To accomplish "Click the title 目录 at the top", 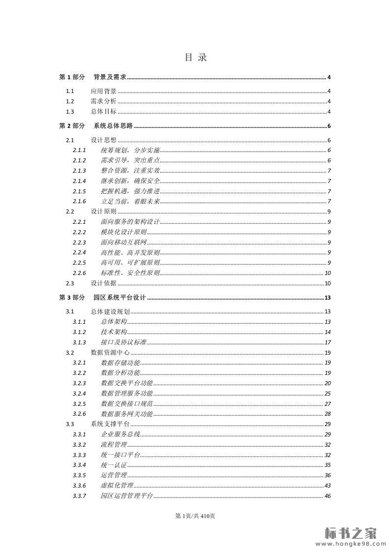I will point(195,58).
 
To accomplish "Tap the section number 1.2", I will point(70,101).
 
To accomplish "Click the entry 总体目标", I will point(103,112).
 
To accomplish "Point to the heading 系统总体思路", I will point(113,126).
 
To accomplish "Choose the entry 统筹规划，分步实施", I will point(130,151).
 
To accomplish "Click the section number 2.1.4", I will point(79,181).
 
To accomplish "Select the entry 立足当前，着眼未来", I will point(130,202).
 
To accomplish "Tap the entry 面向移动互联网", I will point(123,243).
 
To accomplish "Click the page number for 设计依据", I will point(327,283).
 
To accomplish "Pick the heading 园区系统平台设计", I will point(120,298).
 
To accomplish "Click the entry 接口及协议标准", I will point(123,342).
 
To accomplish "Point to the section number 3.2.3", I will point(79,383).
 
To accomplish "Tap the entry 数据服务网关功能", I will point(126,414).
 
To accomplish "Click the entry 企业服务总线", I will point(120,434).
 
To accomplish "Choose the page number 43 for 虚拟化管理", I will point(327,486).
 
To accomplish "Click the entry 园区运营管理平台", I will point(126,496).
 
